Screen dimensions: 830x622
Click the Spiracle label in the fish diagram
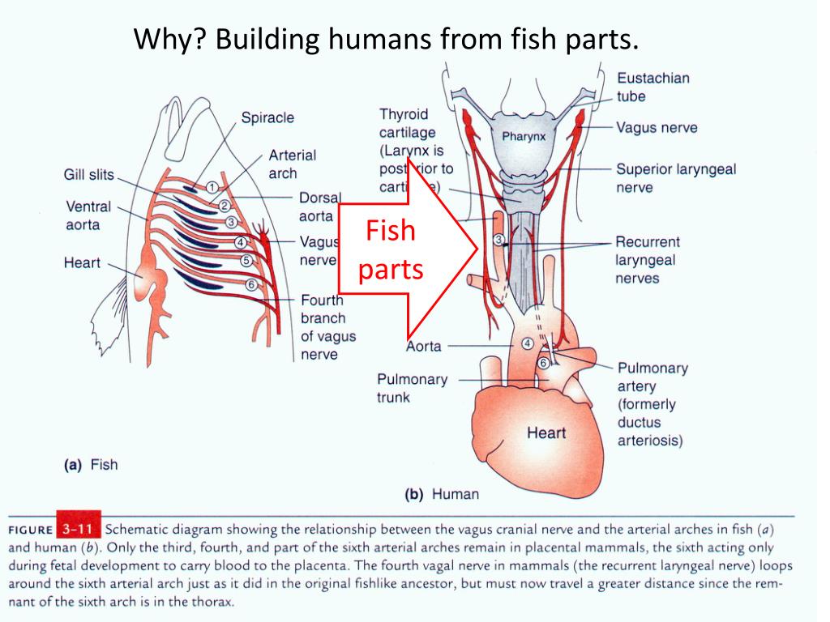coord(267,118)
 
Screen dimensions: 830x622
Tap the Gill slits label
coord(89,175)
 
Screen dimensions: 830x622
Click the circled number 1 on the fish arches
coord(211,188)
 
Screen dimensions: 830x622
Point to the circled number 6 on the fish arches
coord(251,284)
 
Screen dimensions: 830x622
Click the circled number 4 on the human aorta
coord(528,343)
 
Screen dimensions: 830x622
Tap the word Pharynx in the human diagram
coord(524,136)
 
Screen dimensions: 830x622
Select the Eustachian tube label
coord(652,87)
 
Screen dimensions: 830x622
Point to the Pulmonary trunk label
coord(411,388)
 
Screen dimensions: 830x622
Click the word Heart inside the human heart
coord(546,432)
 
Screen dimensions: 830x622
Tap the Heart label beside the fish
coord(82,262)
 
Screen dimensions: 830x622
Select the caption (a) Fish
coord(91,465)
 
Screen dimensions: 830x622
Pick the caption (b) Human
coord(442,494)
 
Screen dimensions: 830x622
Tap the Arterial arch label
coord(292,164)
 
